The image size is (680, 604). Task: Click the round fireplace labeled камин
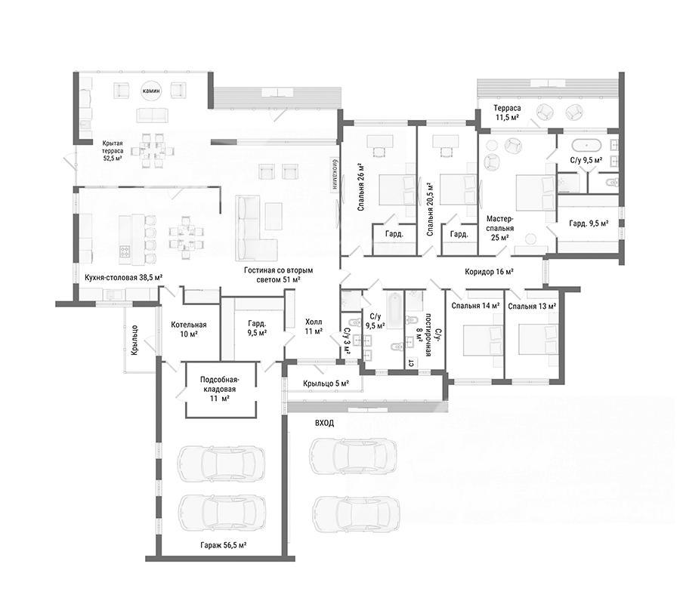(x=152, y=91)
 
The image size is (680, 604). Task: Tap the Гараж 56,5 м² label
(x=224, y=546)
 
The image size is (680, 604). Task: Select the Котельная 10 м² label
(x=189, y=329)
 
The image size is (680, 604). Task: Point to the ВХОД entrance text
(x=325, y=423)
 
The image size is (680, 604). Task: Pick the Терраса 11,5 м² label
(x=507, y=112)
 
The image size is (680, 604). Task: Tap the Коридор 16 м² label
(x=489, y=272)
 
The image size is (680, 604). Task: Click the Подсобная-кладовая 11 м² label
(x=220, y=389)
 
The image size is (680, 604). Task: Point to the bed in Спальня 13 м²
(x=537, y=341)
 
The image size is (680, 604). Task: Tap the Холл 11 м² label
(x=314, y=327)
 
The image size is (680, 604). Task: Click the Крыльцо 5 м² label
(x=326, y=384)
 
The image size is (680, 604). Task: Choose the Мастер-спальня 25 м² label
(x=500, y=228)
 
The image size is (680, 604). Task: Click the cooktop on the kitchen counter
(x=125, y=251)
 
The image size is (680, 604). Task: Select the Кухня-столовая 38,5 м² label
(x=124, y=277)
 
